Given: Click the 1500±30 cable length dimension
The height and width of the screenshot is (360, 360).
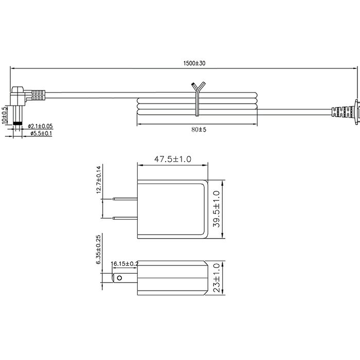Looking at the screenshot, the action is (194, 63).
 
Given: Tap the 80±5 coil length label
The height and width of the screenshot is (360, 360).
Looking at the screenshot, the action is (199, 130).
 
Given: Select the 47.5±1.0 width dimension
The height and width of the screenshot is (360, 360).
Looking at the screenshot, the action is (172, 159).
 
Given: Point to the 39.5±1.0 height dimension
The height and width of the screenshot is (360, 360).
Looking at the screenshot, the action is (217, 209).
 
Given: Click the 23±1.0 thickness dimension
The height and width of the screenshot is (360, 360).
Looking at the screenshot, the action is (217, 278).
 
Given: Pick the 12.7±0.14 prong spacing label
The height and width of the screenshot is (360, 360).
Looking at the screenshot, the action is (99, 179).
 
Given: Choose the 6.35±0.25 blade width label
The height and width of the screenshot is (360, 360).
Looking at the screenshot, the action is (99, 249).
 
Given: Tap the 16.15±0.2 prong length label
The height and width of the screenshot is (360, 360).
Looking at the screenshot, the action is (124, 263).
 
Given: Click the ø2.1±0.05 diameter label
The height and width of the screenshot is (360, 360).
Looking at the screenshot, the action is (40, 126).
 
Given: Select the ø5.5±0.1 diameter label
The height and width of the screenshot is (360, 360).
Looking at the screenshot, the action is (41, 133).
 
